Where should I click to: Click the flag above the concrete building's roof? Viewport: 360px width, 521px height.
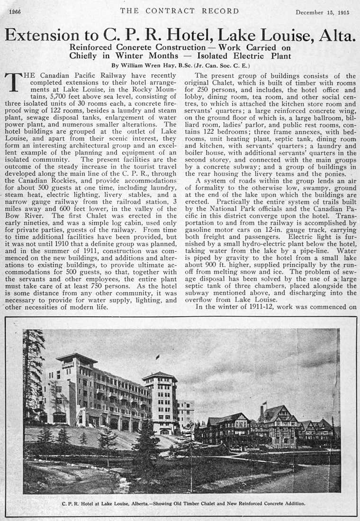tap(157, 357)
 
